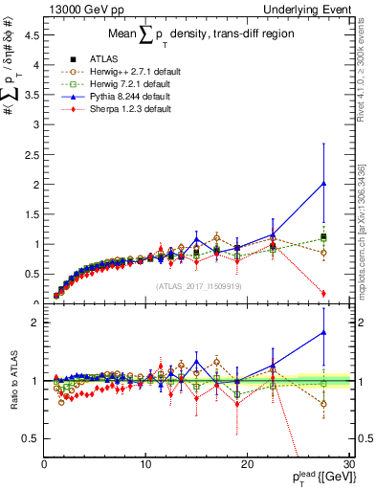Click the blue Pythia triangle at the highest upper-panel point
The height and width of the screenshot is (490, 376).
click(323, 183)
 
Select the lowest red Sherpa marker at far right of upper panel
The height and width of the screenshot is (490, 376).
click(323, 294)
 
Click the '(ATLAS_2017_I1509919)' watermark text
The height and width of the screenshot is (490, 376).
click(198, 285)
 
